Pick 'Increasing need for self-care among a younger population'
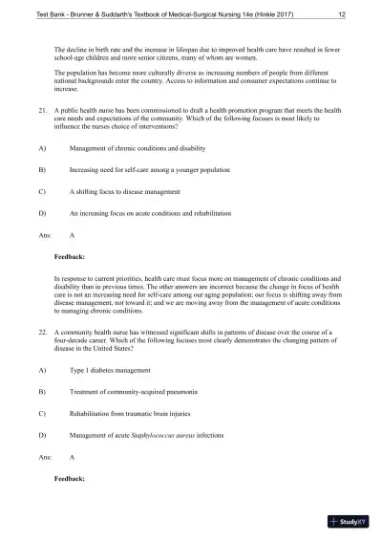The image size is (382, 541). (x=145, y=169)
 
